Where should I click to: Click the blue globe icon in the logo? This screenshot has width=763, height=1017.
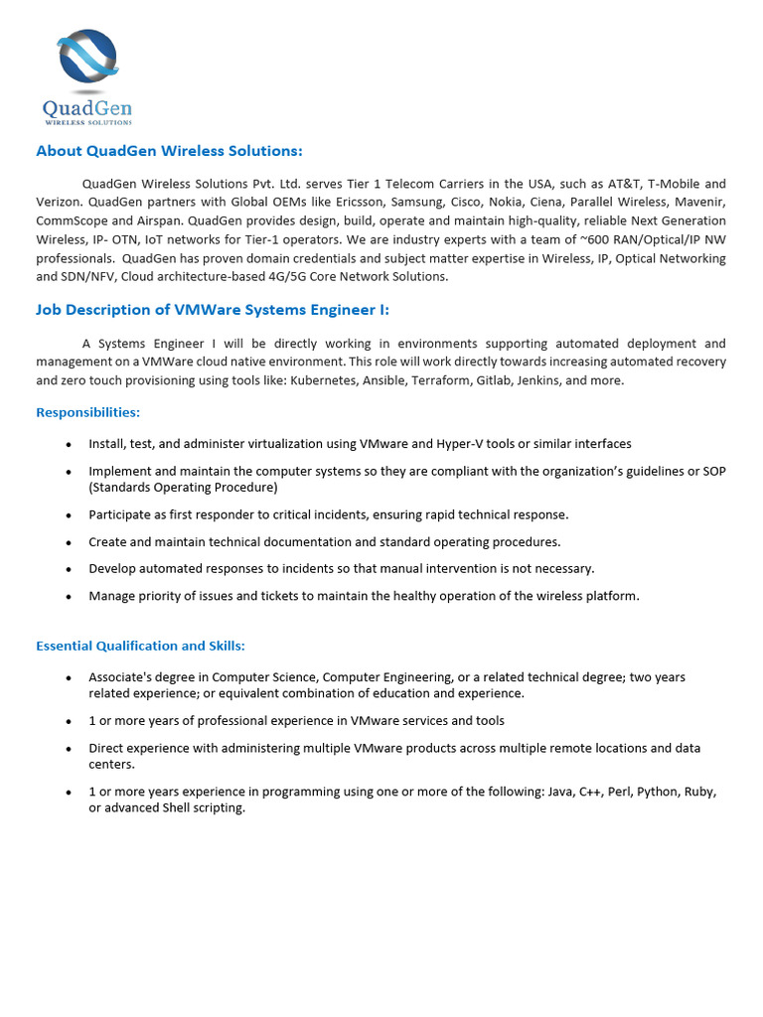point(87,58)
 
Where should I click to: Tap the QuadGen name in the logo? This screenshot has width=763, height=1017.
point(87,107)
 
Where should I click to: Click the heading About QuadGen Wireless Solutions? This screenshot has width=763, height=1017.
point(169,151)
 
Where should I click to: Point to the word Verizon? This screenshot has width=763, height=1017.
point(61,203)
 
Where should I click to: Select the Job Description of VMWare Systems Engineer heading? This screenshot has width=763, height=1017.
point(213,310)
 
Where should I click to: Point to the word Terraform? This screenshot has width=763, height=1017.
point(439,380)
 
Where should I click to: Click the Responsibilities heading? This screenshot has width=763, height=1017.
point(88,412)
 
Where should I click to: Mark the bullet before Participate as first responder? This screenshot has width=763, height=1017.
point(69,515)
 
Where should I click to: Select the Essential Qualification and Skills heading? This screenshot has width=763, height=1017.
point(140,646)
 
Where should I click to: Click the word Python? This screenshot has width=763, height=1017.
point(656,793)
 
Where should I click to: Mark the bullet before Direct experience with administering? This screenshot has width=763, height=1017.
point(69,749)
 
